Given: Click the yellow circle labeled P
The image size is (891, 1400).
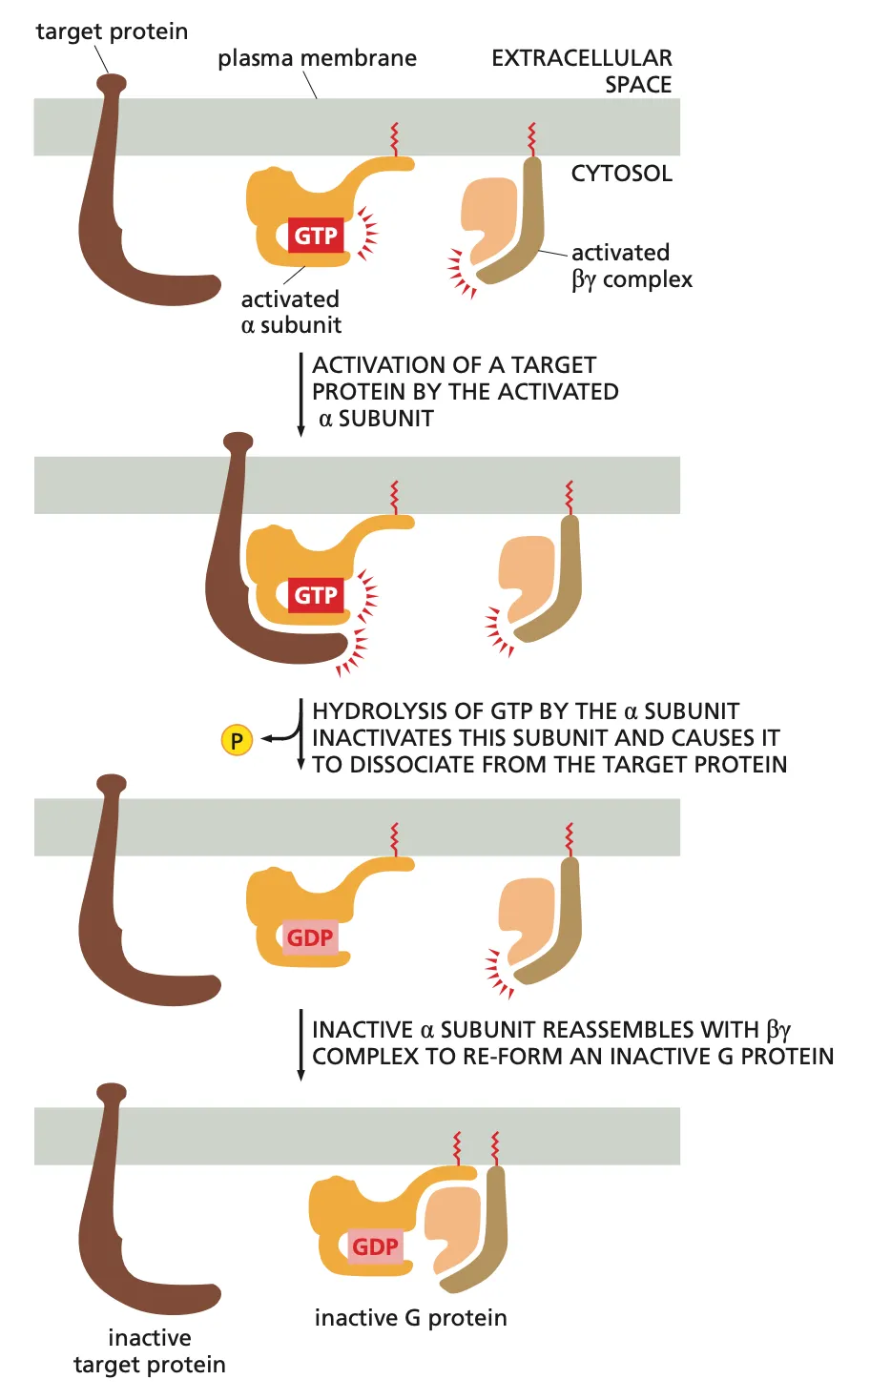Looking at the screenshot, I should click(237, 740).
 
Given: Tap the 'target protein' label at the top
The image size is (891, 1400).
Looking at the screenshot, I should click(112, 31).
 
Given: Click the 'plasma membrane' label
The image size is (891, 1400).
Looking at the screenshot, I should click(317, 58).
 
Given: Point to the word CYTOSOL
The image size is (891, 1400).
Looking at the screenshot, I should click(621, 174).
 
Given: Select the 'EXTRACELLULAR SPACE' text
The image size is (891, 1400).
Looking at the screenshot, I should click(582, 71).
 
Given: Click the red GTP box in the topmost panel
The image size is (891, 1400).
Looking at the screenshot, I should click(315, 236).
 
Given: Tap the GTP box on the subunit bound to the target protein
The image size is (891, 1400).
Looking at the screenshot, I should click(315, 595).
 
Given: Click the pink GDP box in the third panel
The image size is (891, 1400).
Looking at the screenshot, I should click(310, 937).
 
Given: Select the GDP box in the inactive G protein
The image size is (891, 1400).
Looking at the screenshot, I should click(375, 1246).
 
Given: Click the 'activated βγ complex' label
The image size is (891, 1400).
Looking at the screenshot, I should click(631, 266).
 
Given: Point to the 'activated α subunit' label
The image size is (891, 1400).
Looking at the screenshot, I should click(290, 312).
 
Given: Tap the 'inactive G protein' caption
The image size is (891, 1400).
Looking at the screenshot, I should click(410, 1318).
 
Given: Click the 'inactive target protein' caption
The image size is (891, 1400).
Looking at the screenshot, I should click(150, 1350).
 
